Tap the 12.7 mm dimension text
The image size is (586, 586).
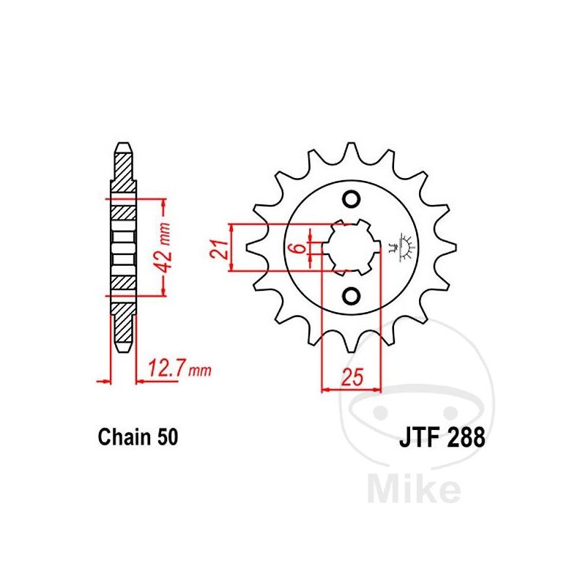179,369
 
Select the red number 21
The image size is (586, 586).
219,248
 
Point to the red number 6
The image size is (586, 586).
299,248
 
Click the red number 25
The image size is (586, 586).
352,377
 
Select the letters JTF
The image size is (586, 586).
419,437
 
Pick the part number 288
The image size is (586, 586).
465,437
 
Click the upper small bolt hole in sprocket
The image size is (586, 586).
352,199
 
